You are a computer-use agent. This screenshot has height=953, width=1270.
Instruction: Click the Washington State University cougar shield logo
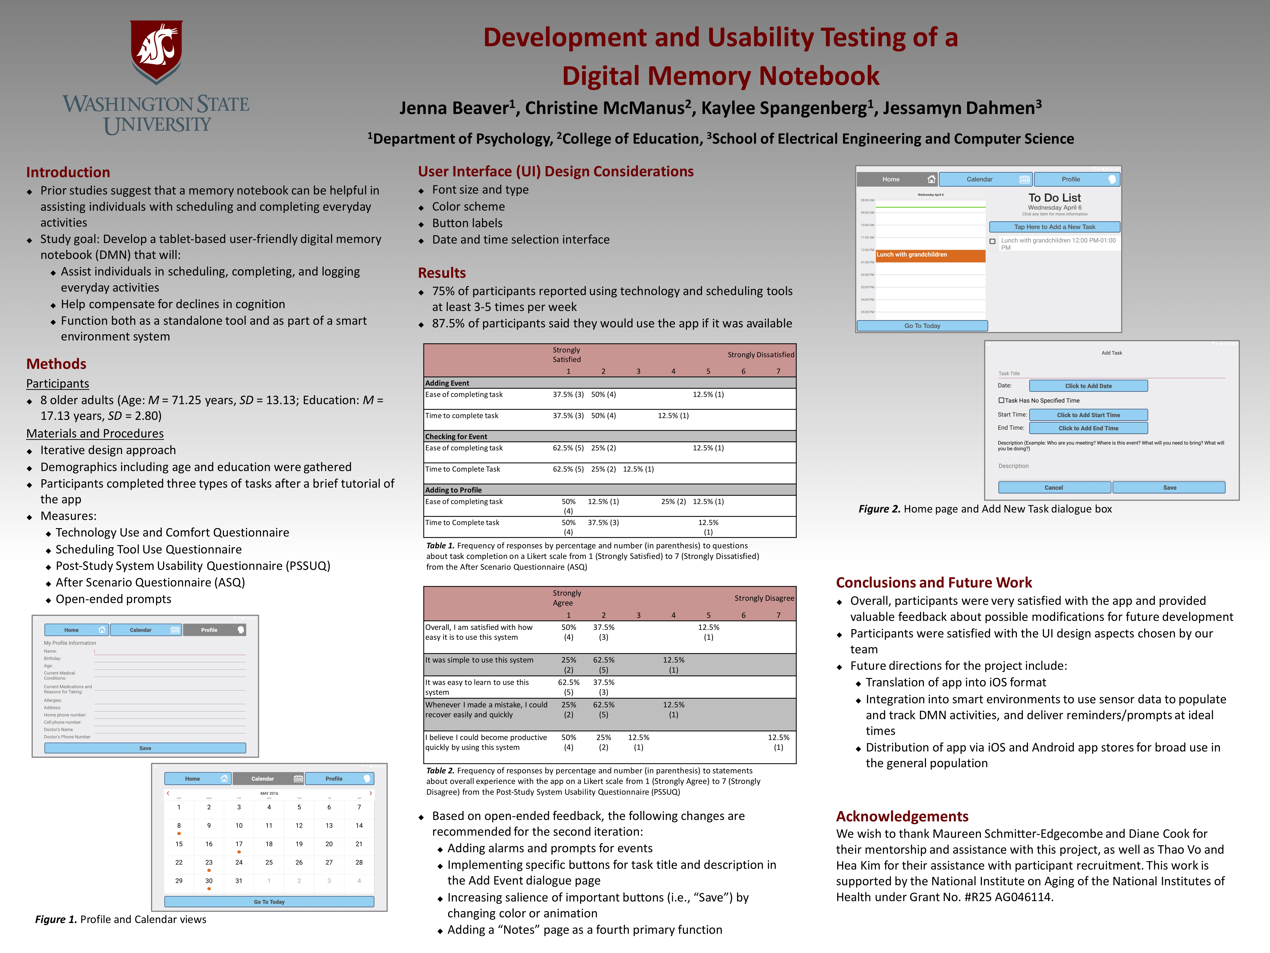click(x=156, y=52)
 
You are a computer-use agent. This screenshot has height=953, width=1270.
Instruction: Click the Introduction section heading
click(x=68, y=172)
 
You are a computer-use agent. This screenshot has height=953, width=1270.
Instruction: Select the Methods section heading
click(x=56, y=364)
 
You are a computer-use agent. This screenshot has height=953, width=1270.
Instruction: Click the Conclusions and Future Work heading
click(x=934, y=583)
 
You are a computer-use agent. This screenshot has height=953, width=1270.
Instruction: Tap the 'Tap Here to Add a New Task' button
click(x=1054, y=227)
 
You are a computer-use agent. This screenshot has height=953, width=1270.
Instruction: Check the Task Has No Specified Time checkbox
click(x=1001, y=400)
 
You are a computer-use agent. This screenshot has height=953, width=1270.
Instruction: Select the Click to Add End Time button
click(x=1088, y=428)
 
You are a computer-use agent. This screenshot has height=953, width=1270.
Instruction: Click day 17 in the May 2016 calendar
click(x=239, y=844)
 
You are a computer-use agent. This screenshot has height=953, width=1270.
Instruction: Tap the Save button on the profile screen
click(x=145, y=748)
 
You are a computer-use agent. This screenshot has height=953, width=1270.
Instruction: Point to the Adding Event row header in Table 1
click(x=447, y=383)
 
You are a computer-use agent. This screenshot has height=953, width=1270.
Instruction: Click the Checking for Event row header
click(x=456, y=437)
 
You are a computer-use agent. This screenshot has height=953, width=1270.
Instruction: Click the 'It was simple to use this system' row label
click(x=479, y=660)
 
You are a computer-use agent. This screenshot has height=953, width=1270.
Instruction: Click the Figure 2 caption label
click(x=879, y=509)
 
